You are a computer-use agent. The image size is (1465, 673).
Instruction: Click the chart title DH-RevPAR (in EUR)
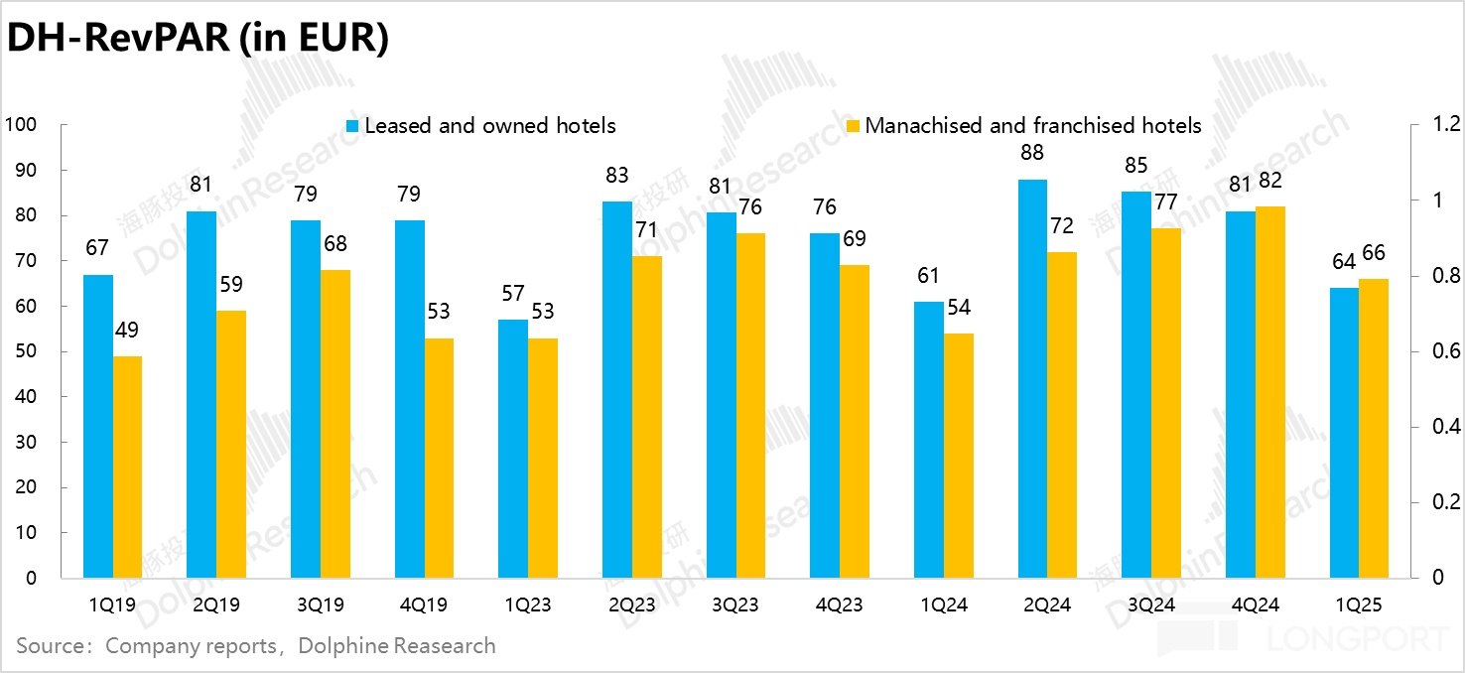click(197, 39)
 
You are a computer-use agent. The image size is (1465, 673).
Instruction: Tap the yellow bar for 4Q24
click(1270, 392)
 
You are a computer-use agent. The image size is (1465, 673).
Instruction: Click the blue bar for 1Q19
click(97, 426)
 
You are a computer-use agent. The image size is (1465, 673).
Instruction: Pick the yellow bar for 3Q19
click(335, 424)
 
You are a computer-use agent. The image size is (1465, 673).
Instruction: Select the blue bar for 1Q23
click(513, 449)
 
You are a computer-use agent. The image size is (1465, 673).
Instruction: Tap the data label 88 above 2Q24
click(1033, 153)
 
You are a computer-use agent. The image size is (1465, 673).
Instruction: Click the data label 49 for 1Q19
click(127, 330)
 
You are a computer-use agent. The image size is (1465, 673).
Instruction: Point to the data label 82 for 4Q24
click(1271, 181)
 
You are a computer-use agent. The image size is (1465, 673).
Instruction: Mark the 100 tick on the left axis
click(22, 125)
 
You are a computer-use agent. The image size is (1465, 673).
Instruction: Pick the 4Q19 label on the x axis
click(424, 605)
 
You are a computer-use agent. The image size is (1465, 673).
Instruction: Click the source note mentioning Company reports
click(255, 646)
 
